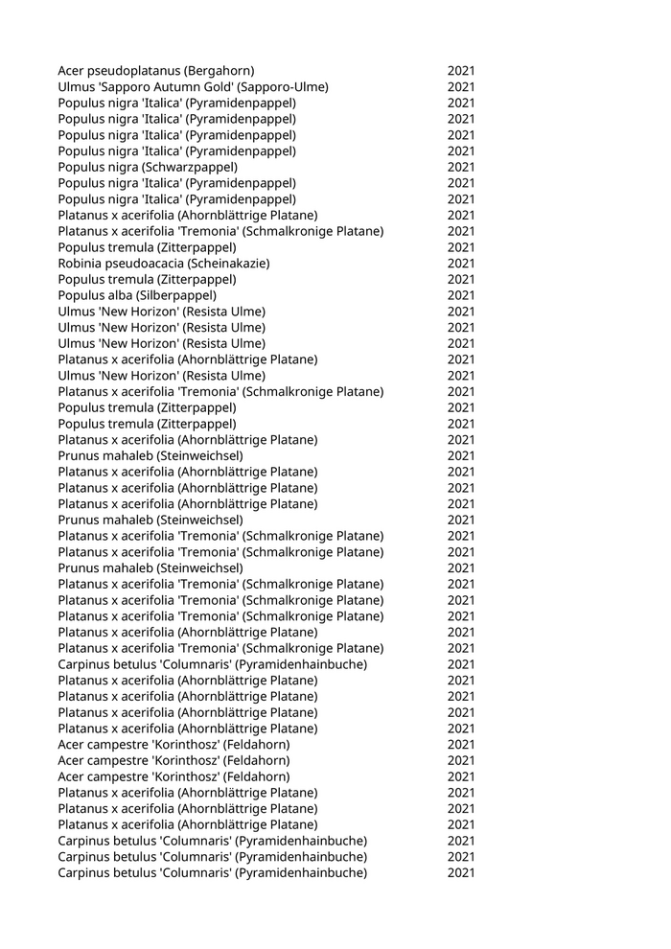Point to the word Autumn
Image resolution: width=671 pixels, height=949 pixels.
(180, 87)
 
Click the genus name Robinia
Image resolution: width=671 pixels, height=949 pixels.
(81, 264)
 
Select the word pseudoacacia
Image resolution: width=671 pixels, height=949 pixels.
(145, 264)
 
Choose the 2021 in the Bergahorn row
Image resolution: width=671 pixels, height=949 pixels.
(460, 71)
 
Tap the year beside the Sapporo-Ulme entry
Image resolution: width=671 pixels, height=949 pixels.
(460, 87)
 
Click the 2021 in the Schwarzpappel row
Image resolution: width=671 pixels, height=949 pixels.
(460, 167)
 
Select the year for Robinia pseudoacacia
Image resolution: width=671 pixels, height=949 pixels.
(460, 264)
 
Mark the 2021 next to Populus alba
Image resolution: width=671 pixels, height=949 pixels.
(460, 295)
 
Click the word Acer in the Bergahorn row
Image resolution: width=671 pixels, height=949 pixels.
(71, 71)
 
